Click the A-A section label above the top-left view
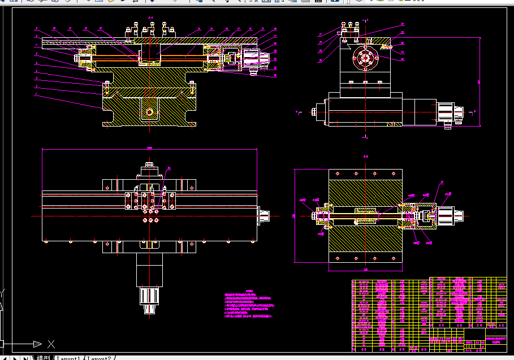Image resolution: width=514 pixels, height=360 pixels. tap(150, 19)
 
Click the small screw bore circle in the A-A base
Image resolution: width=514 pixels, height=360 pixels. tap(150, 111)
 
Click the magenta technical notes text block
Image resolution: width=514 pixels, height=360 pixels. tap(249, 305)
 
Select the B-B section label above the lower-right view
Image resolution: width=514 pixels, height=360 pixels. tap(365, 157)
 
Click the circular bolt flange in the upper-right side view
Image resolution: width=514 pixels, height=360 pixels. tap(365, 59)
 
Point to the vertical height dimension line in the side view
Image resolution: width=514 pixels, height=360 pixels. tap(480, 82)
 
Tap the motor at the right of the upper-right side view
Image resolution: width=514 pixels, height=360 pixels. tap(450, 112)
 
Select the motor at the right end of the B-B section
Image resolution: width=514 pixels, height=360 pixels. tap(450, 215)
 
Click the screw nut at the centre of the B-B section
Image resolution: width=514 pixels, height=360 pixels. tap(365, 215)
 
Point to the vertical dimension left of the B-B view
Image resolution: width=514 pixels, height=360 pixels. tap(295, 215)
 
